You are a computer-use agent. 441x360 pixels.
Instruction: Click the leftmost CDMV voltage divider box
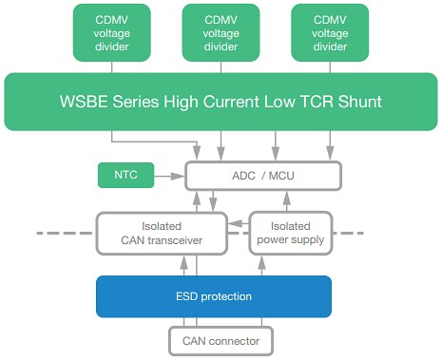coord(112,34)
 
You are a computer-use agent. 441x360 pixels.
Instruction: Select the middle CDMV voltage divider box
coord(220,34)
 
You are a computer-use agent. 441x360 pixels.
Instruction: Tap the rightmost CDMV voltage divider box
coord(330,34)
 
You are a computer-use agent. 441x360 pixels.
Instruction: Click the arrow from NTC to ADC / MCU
coord(169,176)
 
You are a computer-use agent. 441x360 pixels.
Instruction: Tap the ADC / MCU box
coord(262,176)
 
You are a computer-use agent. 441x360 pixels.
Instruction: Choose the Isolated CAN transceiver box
coord(163,233)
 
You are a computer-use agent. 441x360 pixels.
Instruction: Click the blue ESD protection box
coord(214,296)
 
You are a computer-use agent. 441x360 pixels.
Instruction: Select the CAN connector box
coord(220,338)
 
